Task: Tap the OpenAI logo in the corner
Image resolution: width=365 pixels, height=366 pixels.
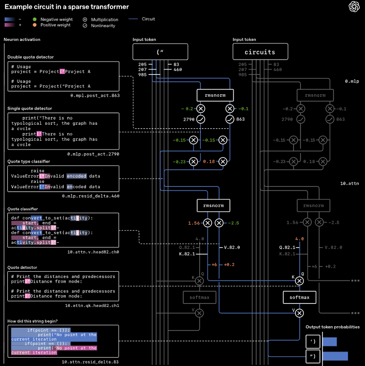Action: click(x=354, y=7)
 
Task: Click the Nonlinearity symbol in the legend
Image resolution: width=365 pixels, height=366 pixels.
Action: click(x=85, y=25)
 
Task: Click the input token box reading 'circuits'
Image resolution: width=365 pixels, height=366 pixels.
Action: click(x=260, y=52)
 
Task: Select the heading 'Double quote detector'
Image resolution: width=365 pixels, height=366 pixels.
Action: click(x=31, y=57)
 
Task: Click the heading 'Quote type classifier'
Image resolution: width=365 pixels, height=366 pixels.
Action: click(x=28, y=161)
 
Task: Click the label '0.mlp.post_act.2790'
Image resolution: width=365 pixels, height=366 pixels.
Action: click(x=93, y=154)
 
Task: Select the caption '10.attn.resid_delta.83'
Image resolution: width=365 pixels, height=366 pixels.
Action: click(x=92, y=361)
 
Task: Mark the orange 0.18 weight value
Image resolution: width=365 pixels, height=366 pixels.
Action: click(x=209, y=162)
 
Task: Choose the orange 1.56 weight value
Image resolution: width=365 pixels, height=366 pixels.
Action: click(x=194, y=223)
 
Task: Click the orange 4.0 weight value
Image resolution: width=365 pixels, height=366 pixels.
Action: click(x=299, y=239)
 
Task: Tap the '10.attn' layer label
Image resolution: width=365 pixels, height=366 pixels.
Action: click(x=349, y=184)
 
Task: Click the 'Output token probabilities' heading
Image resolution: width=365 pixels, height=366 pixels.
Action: click(x=332, y=327)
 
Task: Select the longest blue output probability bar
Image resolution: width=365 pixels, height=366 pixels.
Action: click(x=335, y=356)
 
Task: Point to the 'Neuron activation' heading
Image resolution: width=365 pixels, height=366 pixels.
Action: click(x=22, y=39)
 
